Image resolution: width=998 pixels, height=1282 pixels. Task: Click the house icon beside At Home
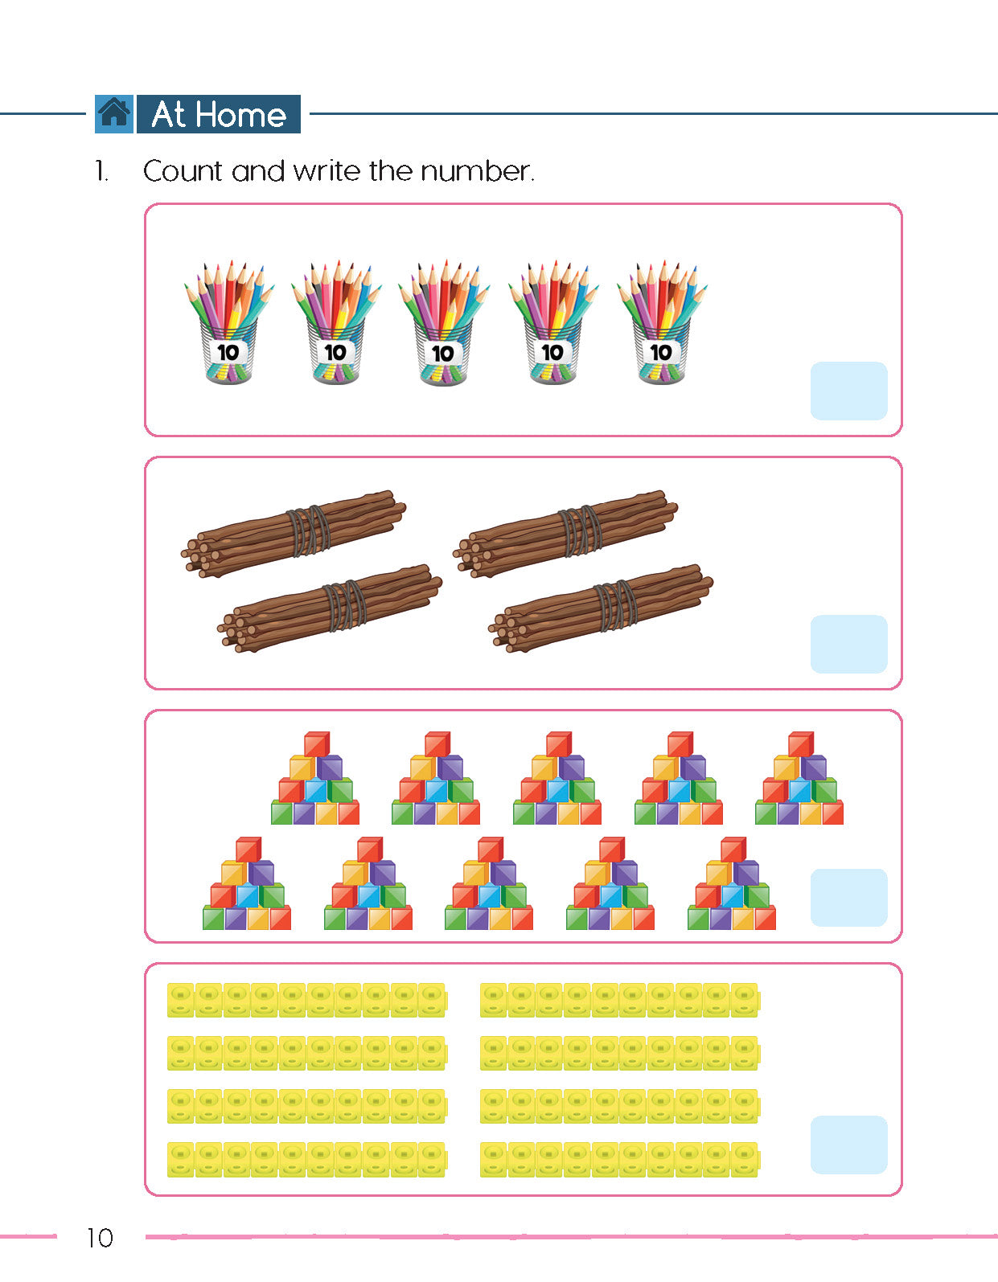point(114,113)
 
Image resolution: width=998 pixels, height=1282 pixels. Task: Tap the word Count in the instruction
point(183,172)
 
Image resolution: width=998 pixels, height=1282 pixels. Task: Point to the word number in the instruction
point(477,172)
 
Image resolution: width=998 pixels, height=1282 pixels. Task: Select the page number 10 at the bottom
point(100,1238)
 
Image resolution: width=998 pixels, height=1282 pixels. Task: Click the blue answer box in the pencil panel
point(848,391)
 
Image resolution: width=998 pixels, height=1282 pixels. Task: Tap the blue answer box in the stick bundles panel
point(848,644)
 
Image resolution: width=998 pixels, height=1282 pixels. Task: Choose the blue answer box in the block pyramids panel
point(848,897)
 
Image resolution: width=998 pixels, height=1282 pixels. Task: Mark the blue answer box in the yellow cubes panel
point(848,1145)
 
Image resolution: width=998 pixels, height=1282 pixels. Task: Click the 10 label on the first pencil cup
point(228,353)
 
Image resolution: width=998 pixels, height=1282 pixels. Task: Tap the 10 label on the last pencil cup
point(661,353)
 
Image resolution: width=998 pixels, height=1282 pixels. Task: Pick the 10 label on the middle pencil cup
point(442,354)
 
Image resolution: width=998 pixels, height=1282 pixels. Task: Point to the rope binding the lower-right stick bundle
point(615,605)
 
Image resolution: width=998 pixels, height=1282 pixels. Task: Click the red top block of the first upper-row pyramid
point(317,744)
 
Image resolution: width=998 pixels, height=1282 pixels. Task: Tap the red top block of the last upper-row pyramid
point(801,744)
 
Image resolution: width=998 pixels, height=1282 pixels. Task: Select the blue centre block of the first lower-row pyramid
point(248,895)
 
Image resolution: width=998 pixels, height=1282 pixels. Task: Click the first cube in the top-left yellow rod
point(180,1000)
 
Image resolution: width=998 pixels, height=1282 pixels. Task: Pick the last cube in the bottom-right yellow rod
point(745,1159)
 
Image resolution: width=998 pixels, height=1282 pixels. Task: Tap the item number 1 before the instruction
point(101,172)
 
